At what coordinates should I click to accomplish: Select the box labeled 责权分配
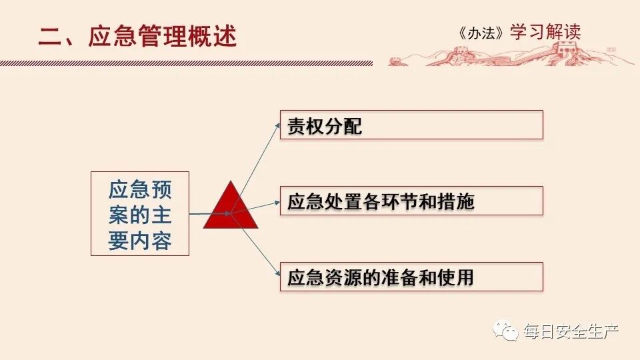(x=411, y=125)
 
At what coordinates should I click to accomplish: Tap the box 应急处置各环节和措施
(x=411, y=201)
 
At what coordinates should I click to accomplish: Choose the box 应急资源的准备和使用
(x=411, y=277)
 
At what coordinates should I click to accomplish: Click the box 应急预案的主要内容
(x=140, y=213)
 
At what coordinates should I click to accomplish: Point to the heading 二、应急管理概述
(x=137, y=36)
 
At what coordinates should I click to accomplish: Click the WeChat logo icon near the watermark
(x=506, y=331)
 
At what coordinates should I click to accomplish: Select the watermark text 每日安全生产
(x=571, y=331)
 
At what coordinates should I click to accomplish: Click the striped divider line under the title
(x=187, y=63)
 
